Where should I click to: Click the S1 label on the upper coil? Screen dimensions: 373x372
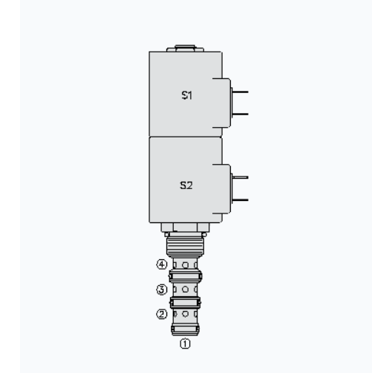[x=188, y=96]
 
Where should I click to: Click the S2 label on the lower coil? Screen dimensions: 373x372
[x=187, y=186]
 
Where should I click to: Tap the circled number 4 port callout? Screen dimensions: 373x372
[x=160, y=264]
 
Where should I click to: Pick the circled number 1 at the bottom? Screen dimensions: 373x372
[x=186, y=343]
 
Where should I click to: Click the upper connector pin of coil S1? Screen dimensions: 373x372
[x=241, y=92]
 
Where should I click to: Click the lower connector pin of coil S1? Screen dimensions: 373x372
[x=241, y=114]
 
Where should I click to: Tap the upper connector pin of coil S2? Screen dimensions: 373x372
[x=241, y=177]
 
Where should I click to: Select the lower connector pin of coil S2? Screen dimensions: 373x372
[x=241, y=199]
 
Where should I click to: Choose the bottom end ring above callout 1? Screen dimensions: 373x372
[x=186, y=329]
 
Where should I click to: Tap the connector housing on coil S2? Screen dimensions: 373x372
[x=222, y=188]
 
